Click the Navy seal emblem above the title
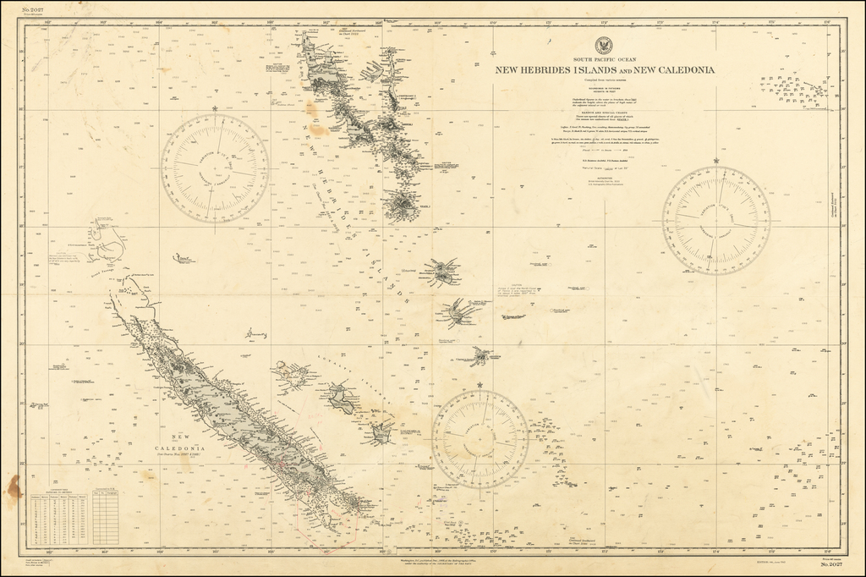pyautogui.click(x=605, y=47)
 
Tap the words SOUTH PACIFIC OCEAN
pyautogui.click(x=605, y=60)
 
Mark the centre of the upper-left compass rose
pyautogui.click(x=215, y=168)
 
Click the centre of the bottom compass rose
pyautogui.click(x=480, y=439)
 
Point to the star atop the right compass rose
pyautogui.click(x=715, y=161)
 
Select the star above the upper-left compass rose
pyautogui.click(x=215, y=109)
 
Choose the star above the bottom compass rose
pyautogui.click(x=480, y=385)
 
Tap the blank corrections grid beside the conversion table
pyautogui.click(x=105, y=519)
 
